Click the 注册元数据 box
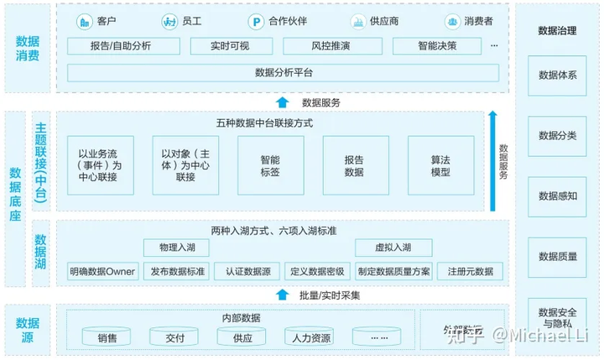[x=470, y=271]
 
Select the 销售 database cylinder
[x=107, y=337]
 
